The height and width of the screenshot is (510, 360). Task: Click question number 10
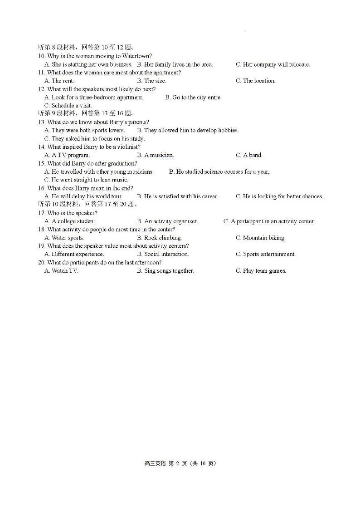coord(42,56)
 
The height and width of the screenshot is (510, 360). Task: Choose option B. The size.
coord(151,81)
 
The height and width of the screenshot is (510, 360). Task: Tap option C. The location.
coord(255,81)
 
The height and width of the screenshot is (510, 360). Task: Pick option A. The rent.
coord(59,81)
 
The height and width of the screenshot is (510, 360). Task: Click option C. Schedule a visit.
coord(68,106)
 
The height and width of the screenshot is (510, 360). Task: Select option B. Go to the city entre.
coord(193,98)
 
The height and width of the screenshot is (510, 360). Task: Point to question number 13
coord(42,122)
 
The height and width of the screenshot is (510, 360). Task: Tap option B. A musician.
coord(155,155)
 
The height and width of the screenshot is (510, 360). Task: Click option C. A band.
coord(249,155)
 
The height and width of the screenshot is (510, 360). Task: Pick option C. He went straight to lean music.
coord(86,180)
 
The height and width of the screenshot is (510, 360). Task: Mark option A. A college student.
coord(70,221)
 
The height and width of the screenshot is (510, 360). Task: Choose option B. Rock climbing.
coord(159,238)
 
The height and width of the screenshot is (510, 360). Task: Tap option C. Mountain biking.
coord(260,238)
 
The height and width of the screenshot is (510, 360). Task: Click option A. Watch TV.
coord(62,271)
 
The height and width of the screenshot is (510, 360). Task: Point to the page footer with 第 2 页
coord(180,463)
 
